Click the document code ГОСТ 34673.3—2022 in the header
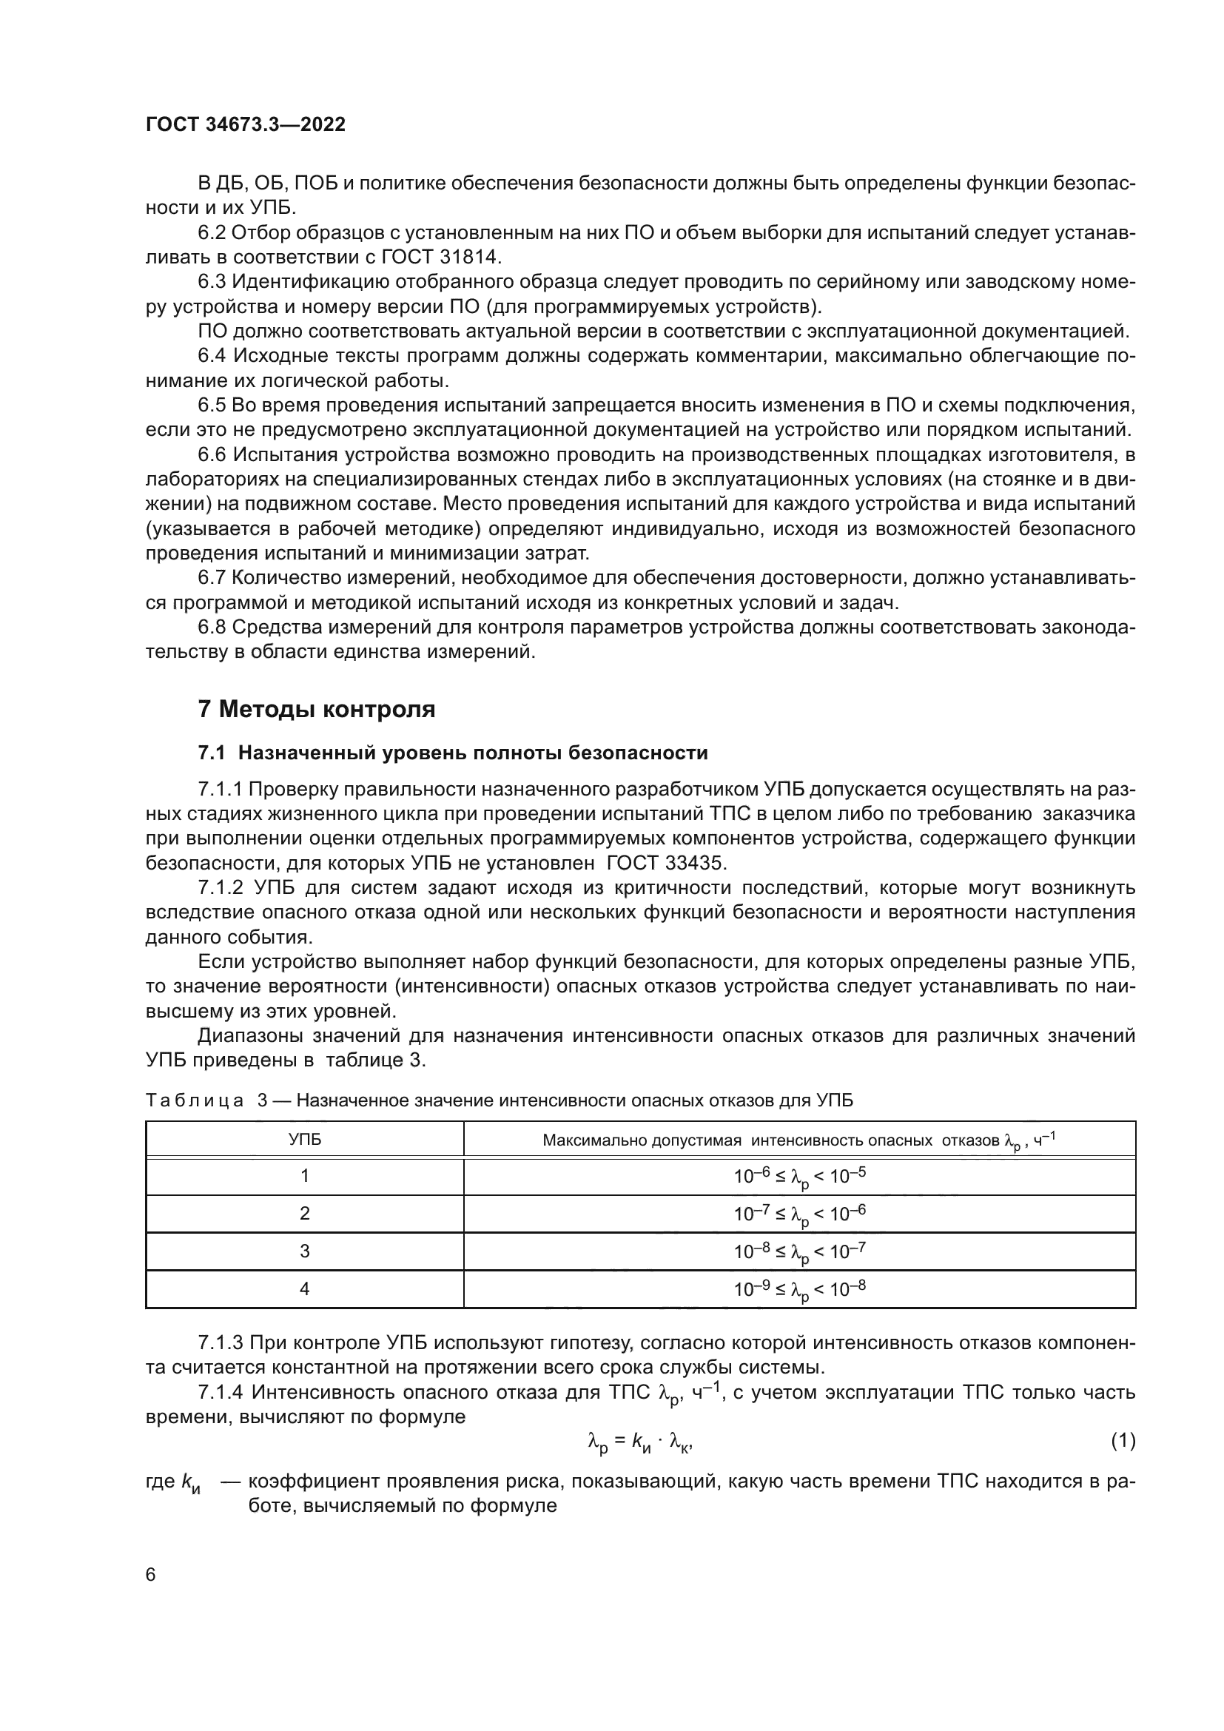coord(246,125)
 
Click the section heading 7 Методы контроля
coord(317,710)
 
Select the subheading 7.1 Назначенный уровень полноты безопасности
coord(452,753)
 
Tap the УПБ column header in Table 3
coord(304,1139)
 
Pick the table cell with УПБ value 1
coord(304,1176)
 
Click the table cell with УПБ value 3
coord(304,1251)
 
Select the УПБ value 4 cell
coord(304,1289)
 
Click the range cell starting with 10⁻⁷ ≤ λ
coord(800,1214)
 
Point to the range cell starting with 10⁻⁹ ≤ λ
coord(800,1289)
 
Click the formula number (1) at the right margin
coord(1123,1441)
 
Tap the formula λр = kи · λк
coord(640,1442)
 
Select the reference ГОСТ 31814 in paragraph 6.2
coord(440,257)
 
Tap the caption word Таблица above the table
coord(194,1100)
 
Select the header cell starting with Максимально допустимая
coord(799,1140)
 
